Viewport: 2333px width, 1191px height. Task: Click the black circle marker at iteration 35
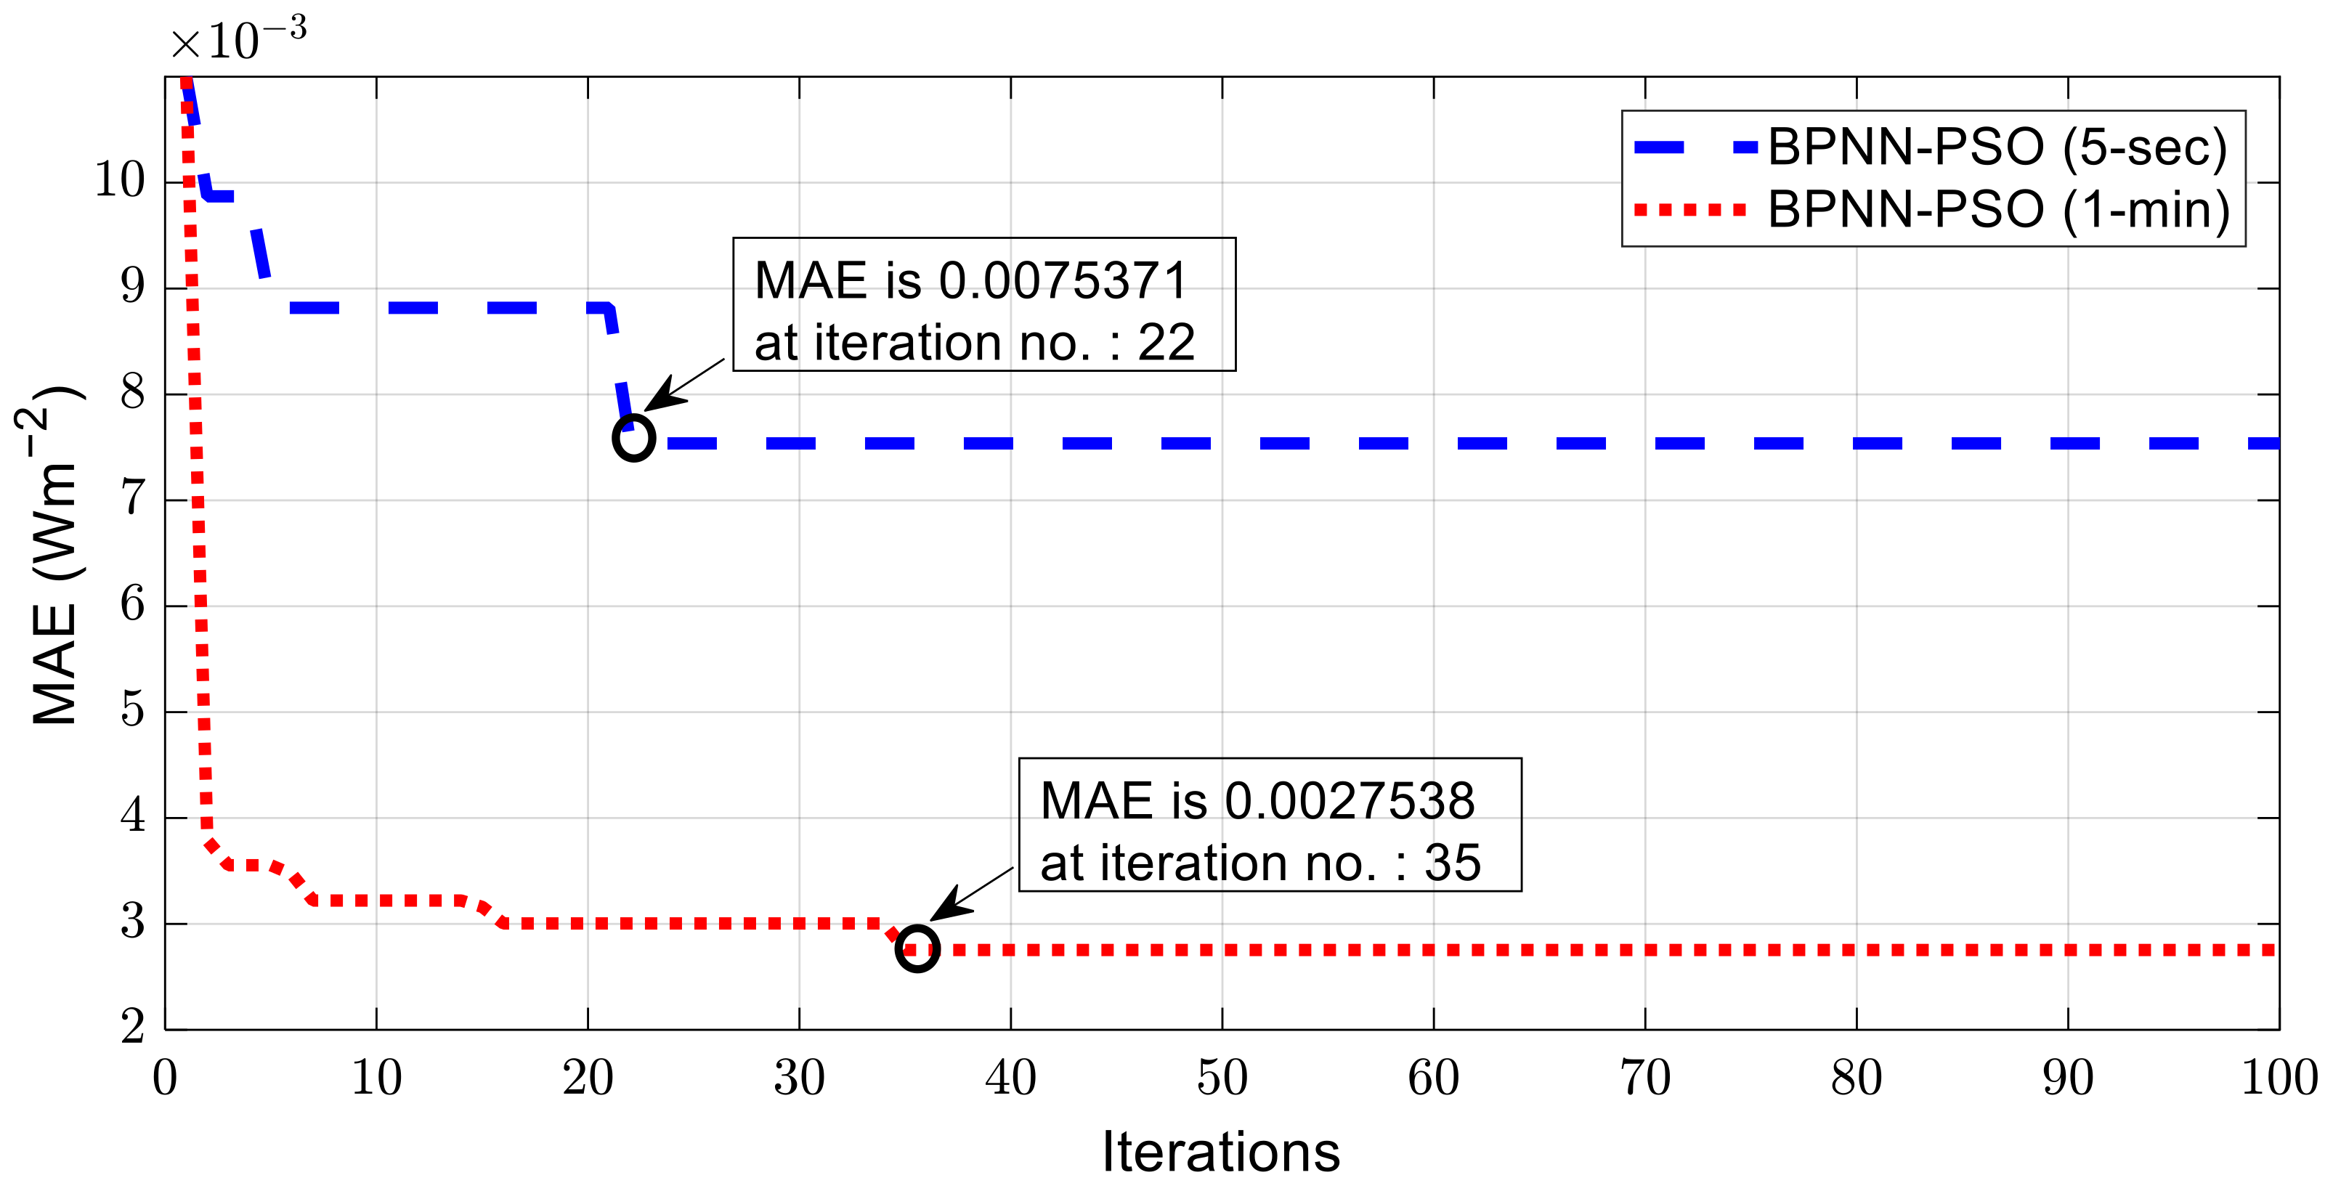tap(917, 949)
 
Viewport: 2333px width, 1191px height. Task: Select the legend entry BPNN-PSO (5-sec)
tap(1996, 147)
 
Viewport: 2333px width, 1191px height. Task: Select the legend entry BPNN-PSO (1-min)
tap(1998, 210)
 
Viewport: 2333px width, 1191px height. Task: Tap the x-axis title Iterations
tap(1221, 1152)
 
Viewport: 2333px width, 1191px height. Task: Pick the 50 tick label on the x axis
tap(1222, 1078)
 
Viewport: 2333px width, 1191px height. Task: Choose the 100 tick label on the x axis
tap(2279, 1078)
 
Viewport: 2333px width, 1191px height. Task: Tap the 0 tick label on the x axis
tap(165, 1078)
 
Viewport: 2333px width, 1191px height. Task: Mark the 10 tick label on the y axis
tap(120, 180)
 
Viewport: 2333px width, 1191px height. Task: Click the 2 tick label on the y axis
tap(132, 1027)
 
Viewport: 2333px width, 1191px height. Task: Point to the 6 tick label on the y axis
tap(132, 604)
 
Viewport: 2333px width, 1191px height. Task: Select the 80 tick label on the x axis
tap(1856, 1078)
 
